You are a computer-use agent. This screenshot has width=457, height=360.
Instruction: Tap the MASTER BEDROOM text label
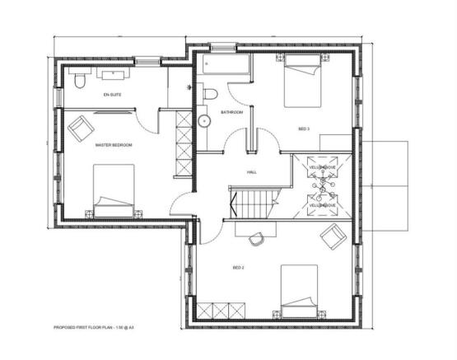point(114,144)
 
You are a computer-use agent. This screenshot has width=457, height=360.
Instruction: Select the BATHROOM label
point(231,111)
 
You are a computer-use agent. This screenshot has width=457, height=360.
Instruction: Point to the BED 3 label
point(305,129)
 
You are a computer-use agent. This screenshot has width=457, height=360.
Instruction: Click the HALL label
point(251,172)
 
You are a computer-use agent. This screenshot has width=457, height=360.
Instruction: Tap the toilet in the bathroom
point(209,92)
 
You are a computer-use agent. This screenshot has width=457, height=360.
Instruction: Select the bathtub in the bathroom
point(222,67)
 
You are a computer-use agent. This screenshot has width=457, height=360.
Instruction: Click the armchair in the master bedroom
point(82,128)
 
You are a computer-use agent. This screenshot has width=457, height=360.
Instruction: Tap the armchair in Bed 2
point(333,236)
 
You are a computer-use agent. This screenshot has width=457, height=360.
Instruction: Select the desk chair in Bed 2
point(256,238)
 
